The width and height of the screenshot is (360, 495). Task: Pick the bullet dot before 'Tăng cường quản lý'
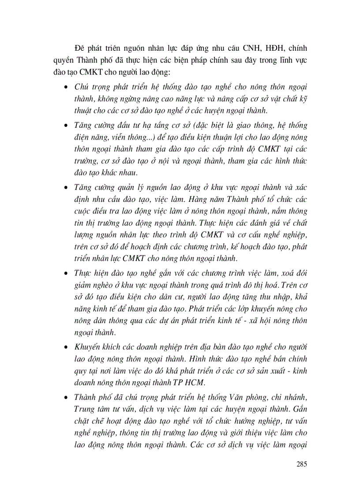[x=65, y=187]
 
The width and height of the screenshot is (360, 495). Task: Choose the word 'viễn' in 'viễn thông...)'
[x=118, y=138]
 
